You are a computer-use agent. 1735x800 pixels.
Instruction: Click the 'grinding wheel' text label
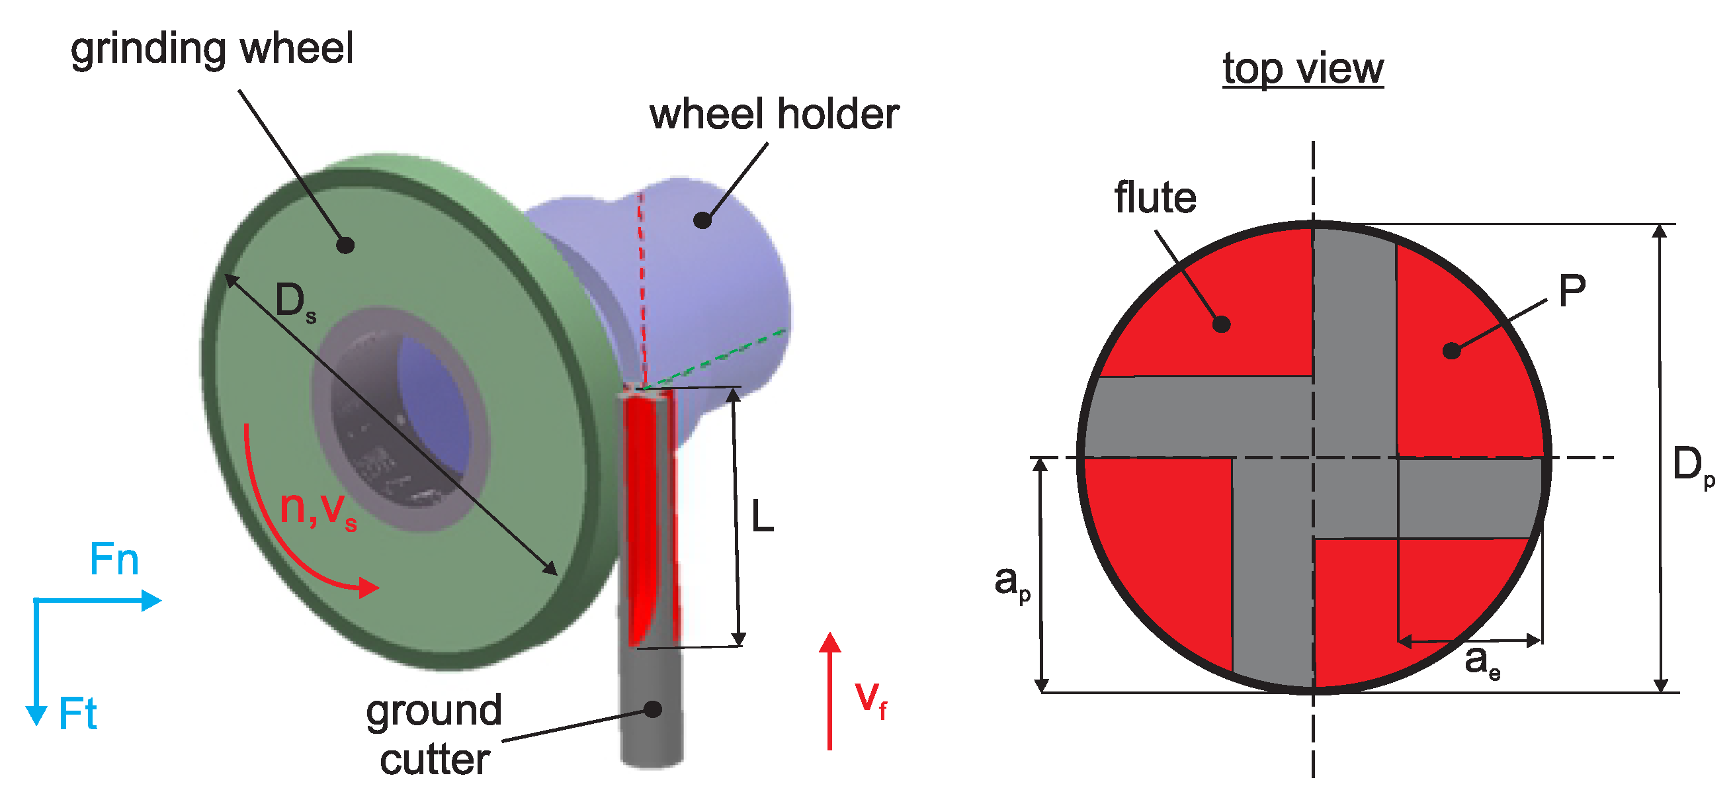pos(212,50)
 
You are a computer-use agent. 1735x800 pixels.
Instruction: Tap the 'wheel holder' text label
pos(774,114)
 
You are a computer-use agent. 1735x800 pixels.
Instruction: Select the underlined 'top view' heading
pos(1302,69)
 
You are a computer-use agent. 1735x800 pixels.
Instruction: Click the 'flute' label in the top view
pos(1155,197)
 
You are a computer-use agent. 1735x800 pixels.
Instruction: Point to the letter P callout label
pos(1572,291)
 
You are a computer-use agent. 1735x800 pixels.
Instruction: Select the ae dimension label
pos(1482,660)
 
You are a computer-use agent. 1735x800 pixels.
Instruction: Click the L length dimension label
pos(762,517)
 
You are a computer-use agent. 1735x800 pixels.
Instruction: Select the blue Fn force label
pos(114,559)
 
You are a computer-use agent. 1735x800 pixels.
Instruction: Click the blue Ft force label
pos(77,715)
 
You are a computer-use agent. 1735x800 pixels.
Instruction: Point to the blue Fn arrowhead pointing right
pos(151,600)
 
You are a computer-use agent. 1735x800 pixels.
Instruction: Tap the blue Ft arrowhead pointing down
pos(36,715)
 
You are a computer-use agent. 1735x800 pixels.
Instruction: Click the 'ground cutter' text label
pos(435,735)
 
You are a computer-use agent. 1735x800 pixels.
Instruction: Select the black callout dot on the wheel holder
pos(702,220)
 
